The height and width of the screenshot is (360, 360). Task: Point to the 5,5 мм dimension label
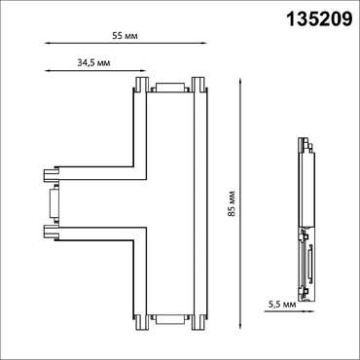[x=283, y=305]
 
